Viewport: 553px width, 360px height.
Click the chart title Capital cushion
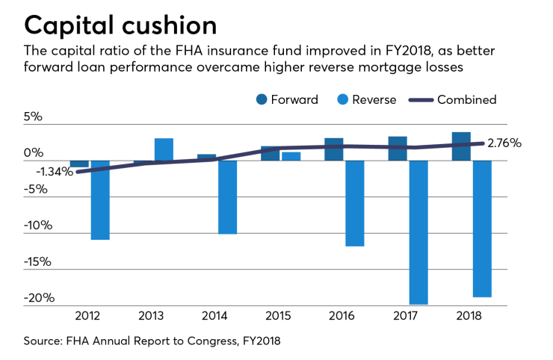click(121, 25)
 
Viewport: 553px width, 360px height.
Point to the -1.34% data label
click(54, 172)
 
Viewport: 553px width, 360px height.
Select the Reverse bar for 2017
click(418, 232)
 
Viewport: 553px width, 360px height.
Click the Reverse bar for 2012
click(100, 199)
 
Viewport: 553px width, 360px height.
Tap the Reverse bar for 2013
click(164, 149)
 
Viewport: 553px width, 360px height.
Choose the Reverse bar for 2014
click(227, 197)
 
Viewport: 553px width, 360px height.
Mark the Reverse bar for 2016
click(355, 203)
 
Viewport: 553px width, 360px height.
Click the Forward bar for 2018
click(461, 146)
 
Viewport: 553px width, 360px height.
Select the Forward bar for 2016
click(334, 149)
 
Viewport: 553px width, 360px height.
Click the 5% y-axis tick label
click(34, 117)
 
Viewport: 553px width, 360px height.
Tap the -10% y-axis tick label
click(39, 226)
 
